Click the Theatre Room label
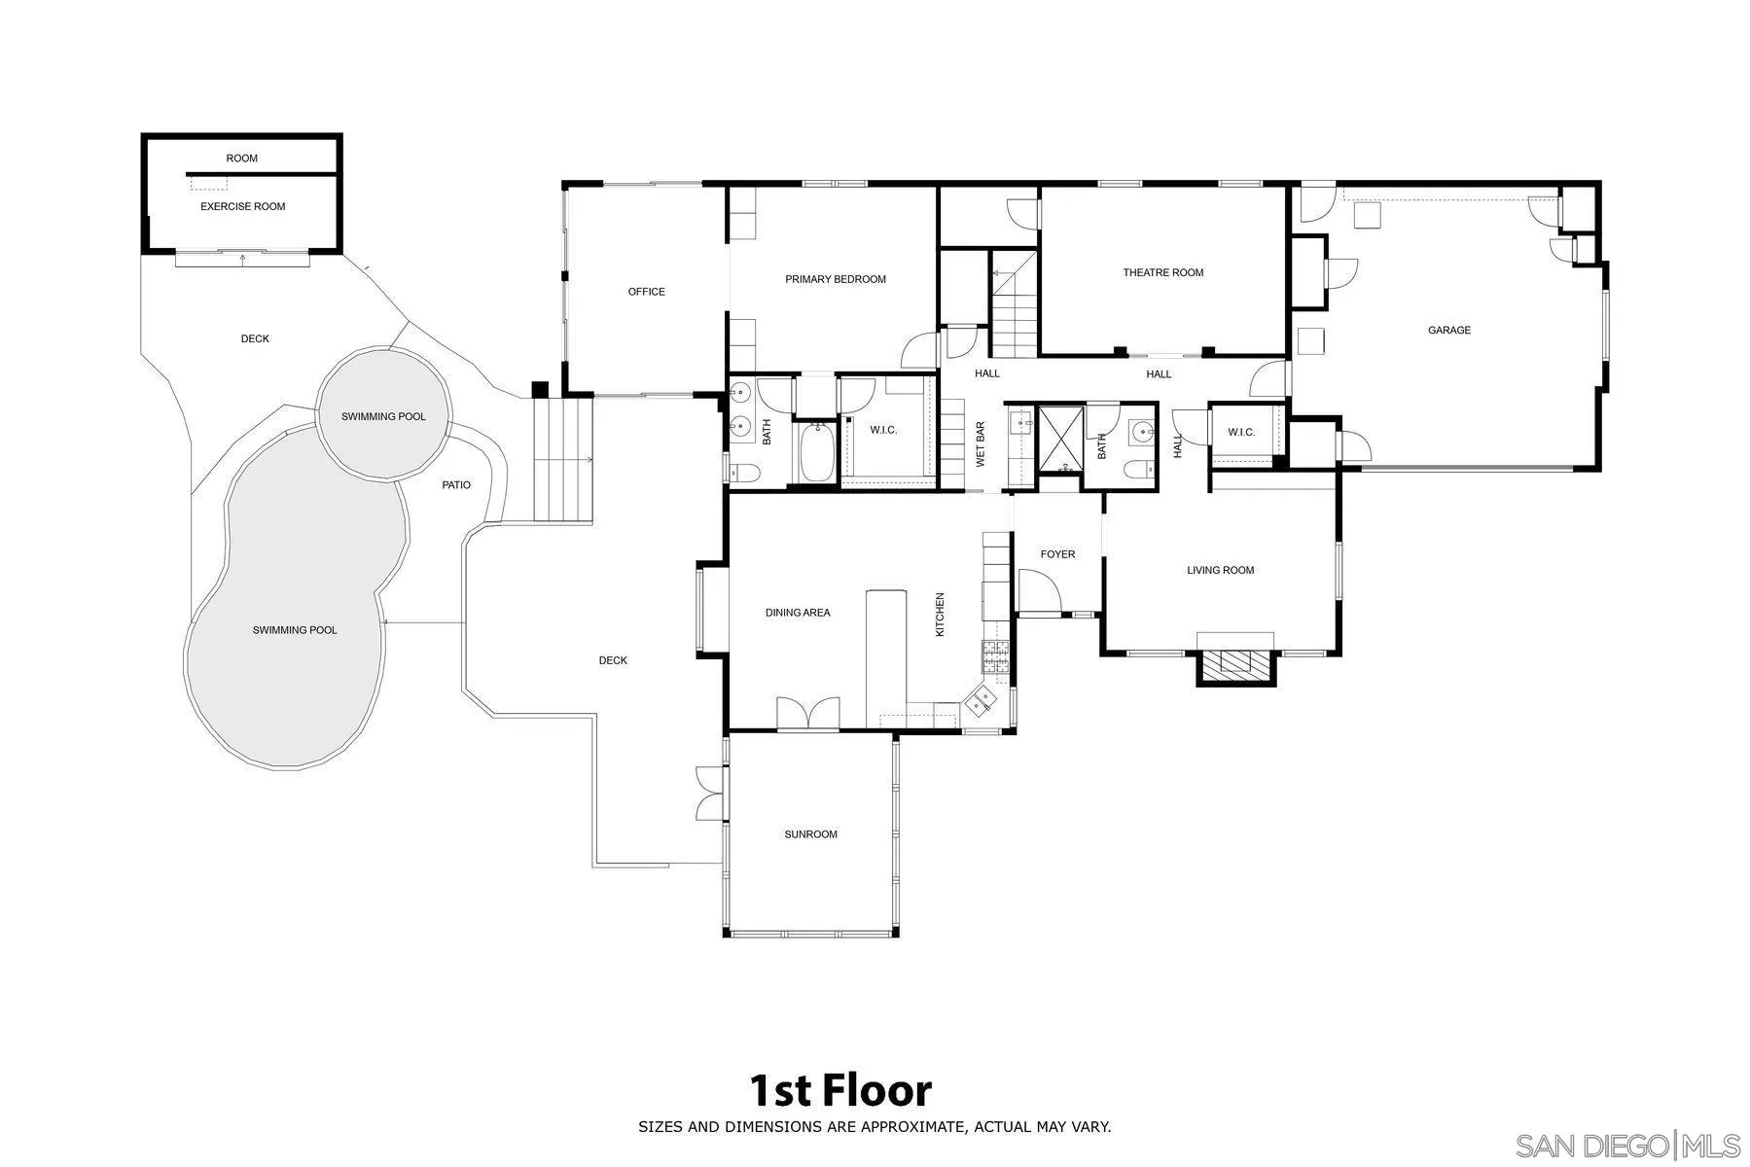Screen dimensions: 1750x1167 click(x=1162, y=272)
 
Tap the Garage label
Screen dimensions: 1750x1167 click(x=1448, y=330)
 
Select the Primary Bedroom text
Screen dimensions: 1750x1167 click(x=836, y=279)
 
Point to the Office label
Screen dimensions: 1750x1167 click(x=646, y=292)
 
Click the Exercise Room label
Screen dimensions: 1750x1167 click(x=243, y=206)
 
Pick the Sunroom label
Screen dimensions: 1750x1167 click(x=810, y=834)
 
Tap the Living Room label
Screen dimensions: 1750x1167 click(x=1220, y=570)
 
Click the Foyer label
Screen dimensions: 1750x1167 click(x=1057, y=554)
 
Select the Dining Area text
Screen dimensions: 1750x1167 click(x=798, y=613)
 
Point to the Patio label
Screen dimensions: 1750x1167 click(x=456, y=484)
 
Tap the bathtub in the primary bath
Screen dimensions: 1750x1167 click(x=816, y=451)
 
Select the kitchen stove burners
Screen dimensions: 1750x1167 click(x=995, y=656)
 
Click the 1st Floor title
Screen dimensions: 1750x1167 click(x=840, y=1090)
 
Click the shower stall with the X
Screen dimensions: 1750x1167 click(x=1059, y=439)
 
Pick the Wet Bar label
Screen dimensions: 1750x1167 click(x=981, y=444)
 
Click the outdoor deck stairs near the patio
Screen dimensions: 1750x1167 click(x=563, y=460)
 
